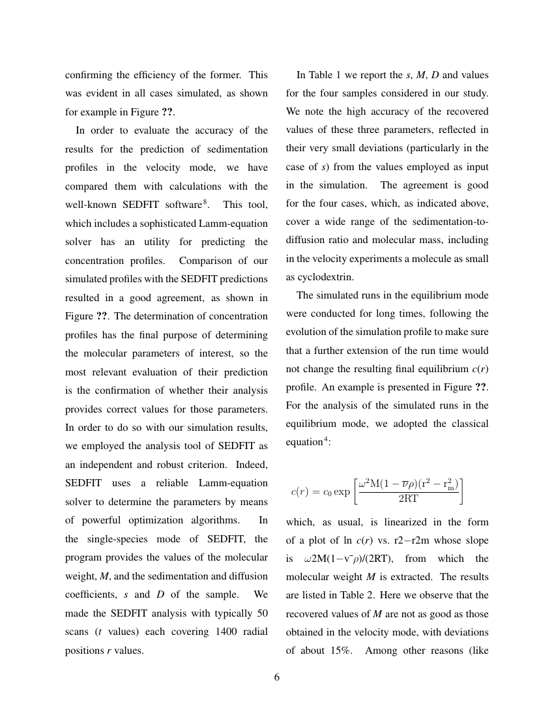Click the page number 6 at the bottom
point(277,677)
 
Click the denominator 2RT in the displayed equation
point(408,499)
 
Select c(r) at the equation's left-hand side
point(302,491)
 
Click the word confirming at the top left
point(89,75)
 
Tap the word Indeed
point(250,465)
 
